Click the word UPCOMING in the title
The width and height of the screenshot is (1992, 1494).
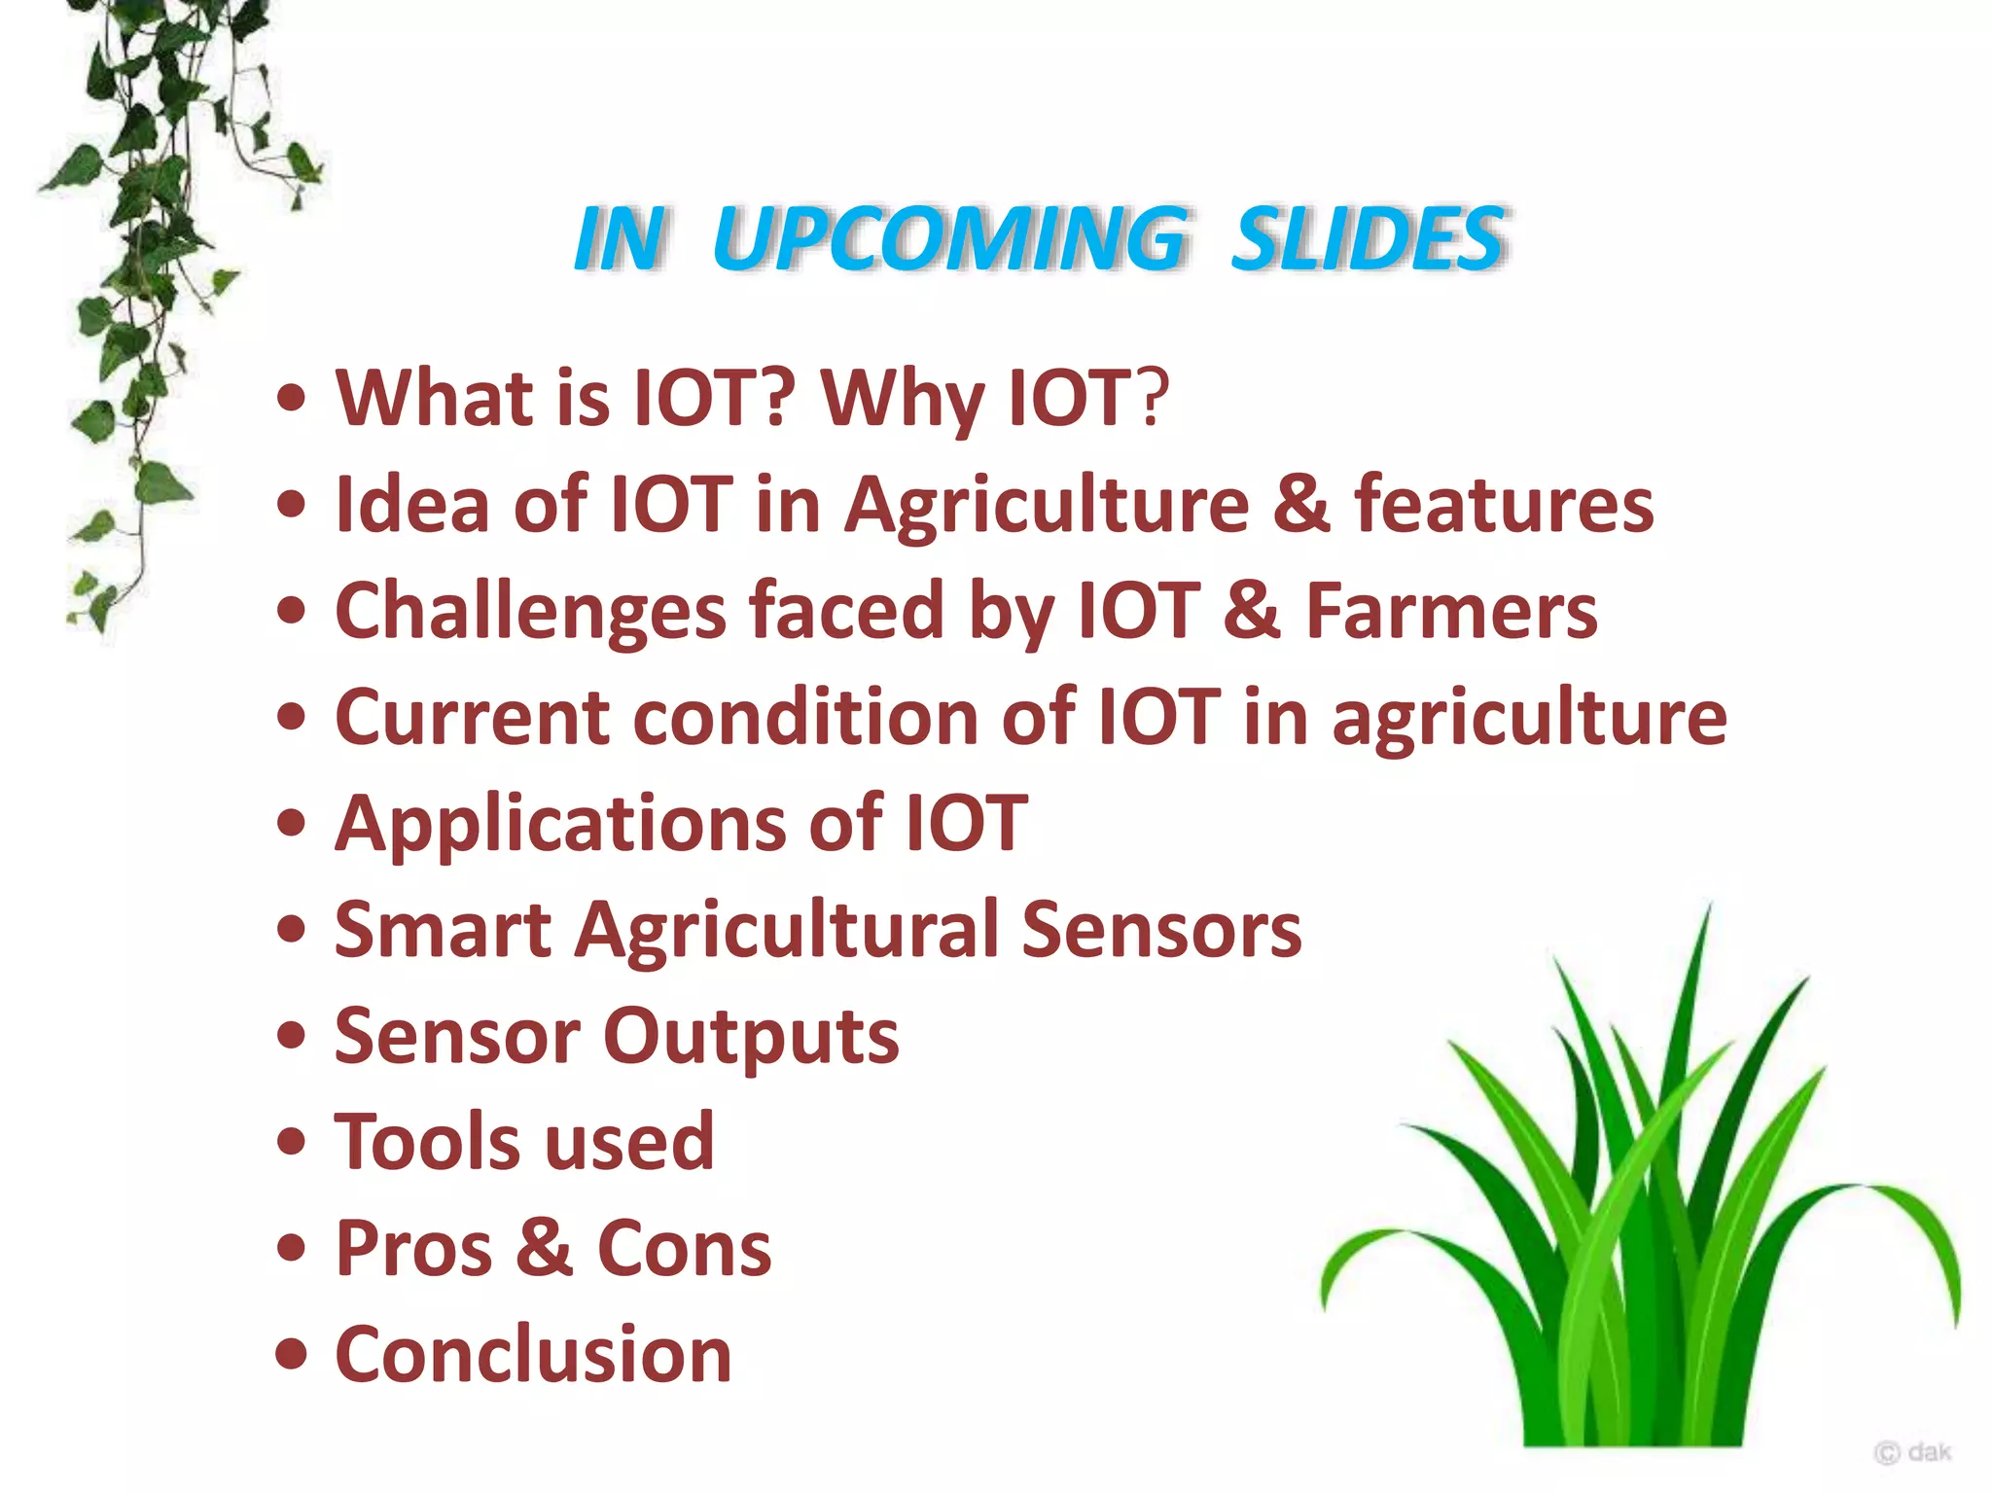[x=948, y=239]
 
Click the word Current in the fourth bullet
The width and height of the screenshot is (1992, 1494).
[x=472, y=717]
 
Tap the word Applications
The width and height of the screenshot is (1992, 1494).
[x=559, y=825]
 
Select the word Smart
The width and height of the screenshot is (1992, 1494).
[x=443, y=930]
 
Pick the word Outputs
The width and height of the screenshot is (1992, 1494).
[x=751, y=1037]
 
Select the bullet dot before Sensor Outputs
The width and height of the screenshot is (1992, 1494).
[x=291, y=1036]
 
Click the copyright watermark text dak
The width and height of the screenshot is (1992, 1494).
[x=1929, y=1452]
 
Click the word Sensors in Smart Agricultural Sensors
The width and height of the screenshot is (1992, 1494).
[x=1161, y=930]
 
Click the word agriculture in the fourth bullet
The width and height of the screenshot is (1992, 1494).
[x=1529, y=719]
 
